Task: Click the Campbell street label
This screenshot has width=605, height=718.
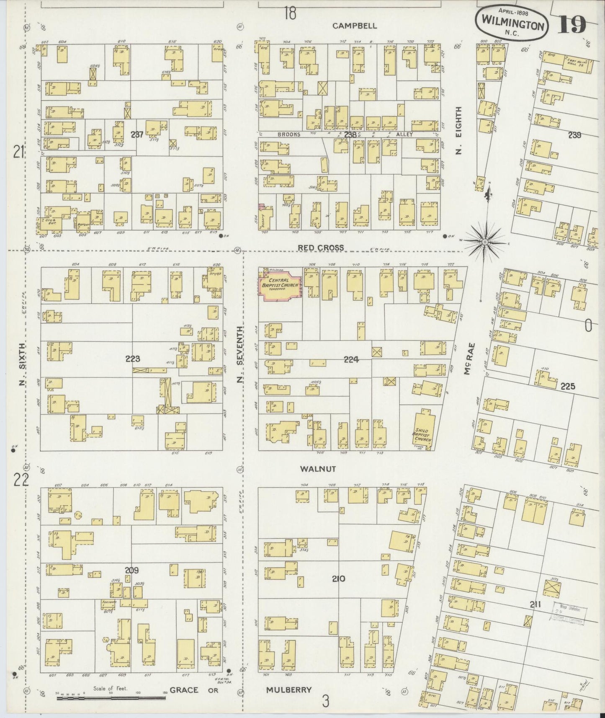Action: (x=355, y=26)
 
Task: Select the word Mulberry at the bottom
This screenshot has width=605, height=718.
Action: (x=288, y=690)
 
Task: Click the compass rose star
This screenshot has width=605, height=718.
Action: (x=485, y=242)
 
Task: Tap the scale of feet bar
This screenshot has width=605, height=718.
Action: (x=111, y=697)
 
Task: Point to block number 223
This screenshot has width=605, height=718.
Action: (x=132, y=359)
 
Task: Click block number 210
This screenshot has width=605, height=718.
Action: (x=338, y=579)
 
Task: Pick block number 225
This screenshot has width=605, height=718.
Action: (x=568, y=386)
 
